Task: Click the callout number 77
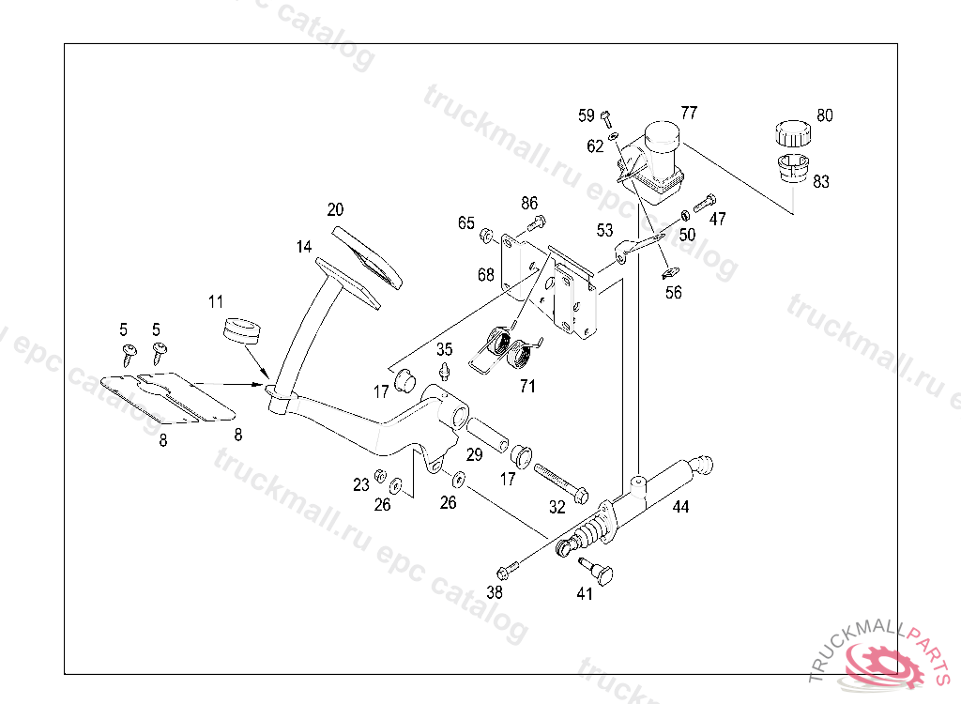[x=689, y=113]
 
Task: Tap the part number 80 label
[x=824, y=116]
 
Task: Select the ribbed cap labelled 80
[x=792, y=133]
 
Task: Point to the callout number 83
[x=820, y=182]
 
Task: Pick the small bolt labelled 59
[x=605, y=118]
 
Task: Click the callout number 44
[x=680, y=507]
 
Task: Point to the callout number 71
[x=527, y=386]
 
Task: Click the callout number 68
[x=485, y=275]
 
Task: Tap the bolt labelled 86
[x=536, y=223]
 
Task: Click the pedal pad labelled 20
[x=367, y=253]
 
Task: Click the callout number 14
[x=303, y=248]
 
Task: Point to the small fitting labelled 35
[x=445, y=368]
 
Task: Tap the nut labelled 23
[x=380, y=474]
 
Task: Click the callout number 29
[x=475, y=455]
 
